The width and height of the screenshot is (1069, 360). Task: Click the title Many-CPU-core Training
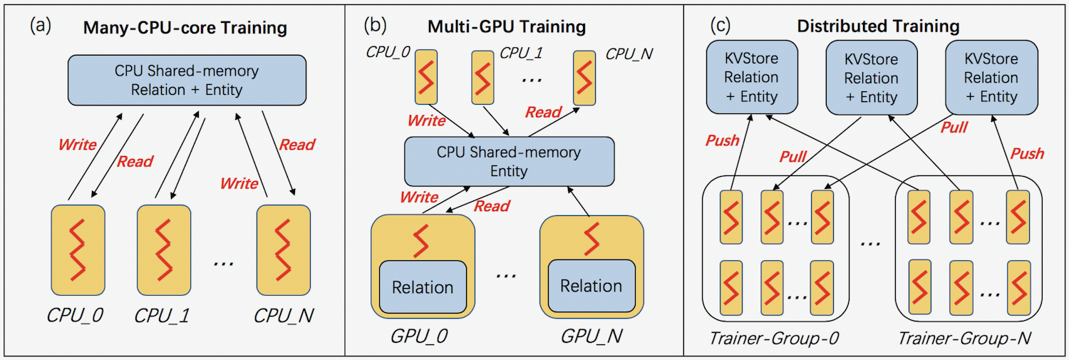pos(185,29)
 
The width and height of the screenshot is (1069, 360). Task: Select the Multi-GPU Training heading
pos(507,27)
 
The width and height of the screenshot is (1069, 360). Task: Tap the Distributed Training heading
pos(878,26)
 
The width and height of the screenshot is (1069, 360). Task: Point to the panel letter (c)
pos(722,25)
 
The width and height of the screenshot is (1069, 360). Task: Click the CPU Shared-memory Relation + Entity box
pos(187,80)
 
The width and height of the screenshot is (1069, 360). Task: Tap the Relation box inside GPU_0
pos(423,287)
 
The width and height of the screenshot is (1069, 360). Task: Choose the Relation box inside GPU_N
pos(591,285)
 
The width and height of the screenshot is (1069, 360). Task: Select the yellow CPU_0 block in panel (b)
pos(428,75)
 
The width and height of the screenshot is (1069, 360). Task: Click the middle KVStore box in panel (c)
pos(871,77)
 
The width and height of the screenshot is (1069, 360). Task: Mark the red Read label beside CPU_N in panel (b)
pos(544,111)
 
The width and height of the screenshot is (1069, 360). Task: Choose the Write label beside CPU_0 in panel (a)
pos(78,145)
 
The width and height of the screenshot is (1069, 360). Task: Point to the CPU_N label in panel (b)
pos(629,53)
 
